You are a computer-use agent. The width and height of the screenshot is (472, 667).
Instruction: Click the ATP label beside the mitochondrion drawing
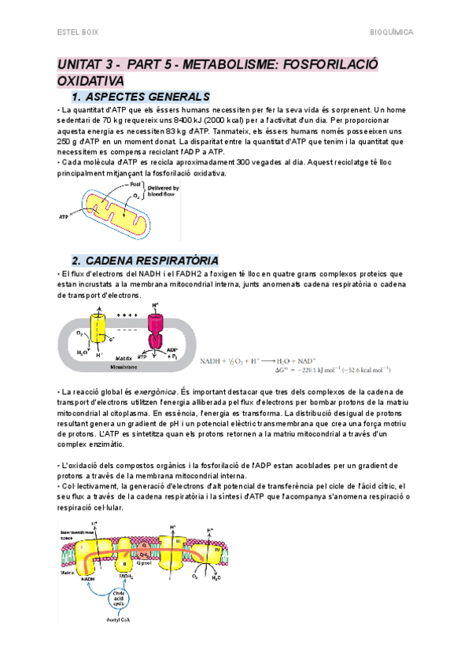click(x=64, y=214)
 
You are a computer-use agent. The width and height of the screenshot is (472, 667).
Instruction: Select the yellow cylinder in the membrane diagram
click(x=99, y=326)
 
